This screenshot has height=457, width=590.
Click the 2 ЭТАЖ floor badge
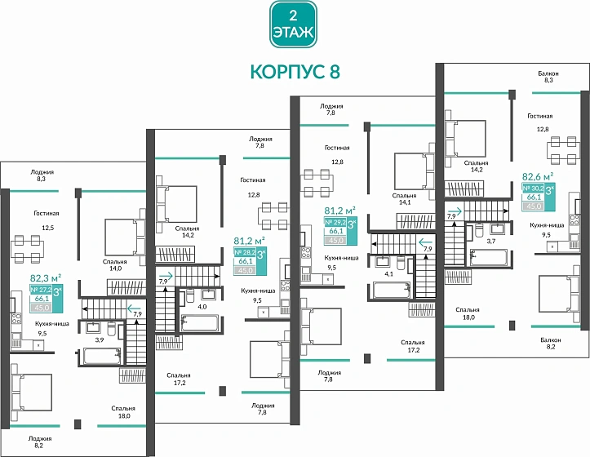click(x=295, y=25)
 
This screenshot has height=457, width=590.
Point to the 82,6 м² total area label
click(x=538, y=175)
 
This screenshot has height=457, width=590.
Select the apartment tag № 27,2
click(x=41, y=290)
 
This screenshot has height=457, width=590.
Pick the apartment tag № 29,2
click(x=336, y=222)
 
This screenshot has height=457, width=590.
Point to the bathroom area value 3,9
click(x=100, y=339)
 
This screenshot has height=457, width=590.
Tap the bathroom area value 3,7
click(x=491, y=242)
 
